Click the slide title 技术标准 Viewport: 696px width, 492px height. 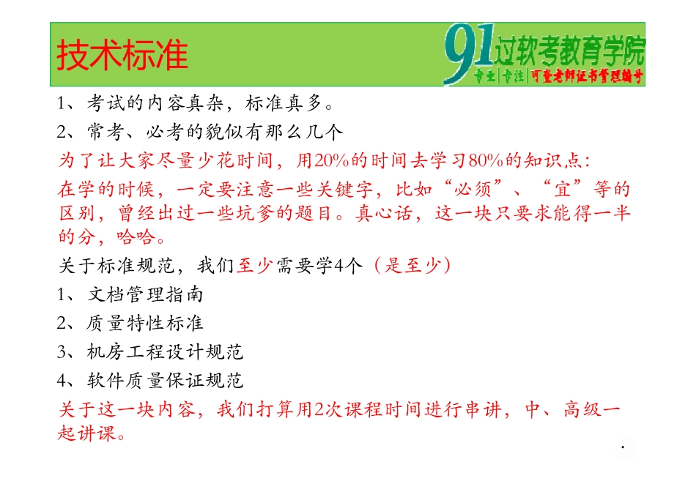(122, 56)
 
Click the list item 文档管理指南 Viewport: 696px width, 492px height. (145, 295)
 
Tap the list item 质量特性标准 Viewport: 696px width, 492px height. (145, 324)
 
